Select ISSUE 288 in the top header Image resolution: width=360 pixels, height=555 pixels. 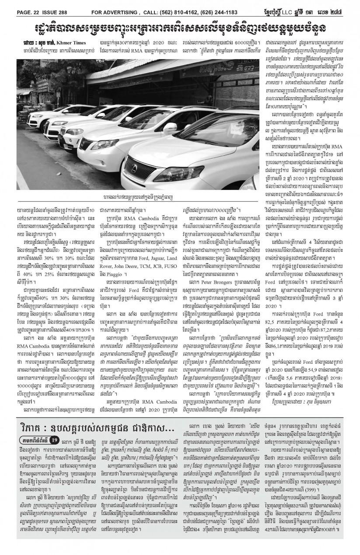pyautogui.click(x=63, y=5)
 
